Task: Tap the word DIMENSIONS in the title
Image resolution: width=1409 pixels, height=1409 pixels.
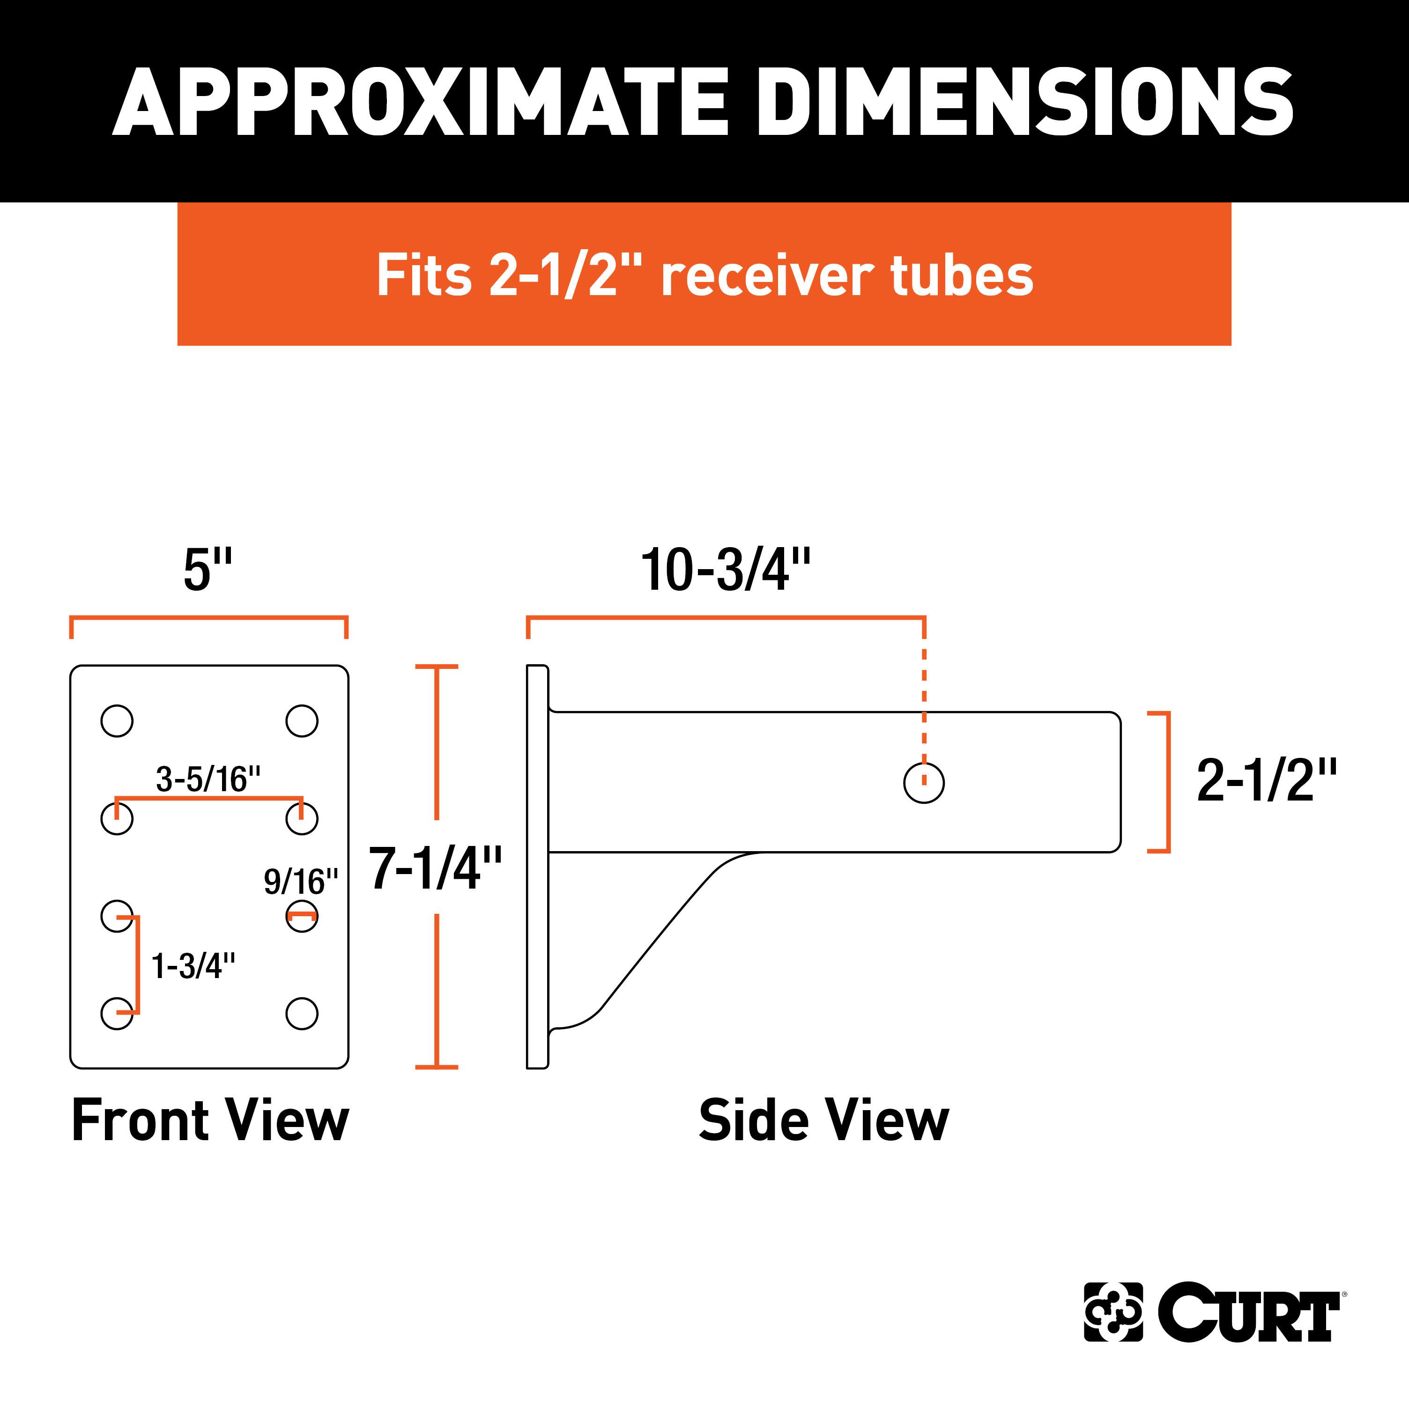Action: [x=1024, y=102]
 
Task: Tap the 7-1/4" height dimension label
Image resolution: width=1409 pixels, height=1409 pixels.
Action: [x=435, y=868]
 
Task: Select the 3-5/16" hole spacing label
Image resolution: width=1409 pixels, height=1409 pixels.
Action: [x=208, y=779]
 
